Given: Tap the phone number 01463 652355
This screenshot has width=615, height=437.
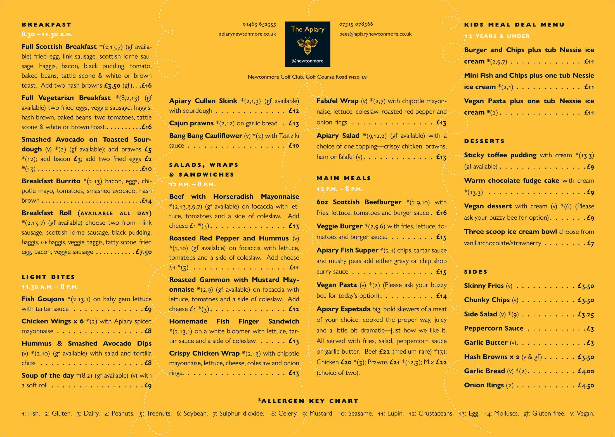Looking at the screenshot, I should pyautogui.click(x=259, y=24).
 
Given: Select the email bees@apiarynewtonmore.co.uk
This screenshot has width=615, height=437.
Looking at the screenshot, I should pyautogui.click(x=375, y=34).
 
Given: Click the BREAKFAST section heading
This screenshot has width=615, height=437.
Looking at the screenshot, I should pyautogui.click(x=46, y=25).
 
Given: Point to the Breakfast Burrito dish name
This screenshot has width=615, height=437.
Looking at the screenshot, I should pyautogui.click(x=51, y=181).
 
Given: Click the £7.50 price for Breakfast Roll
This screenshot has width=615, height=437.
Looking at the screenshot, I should pyautogui.click(x=144, y=252).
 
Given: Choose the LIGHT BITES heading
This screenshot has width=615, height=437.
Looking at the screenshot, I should pyautogui.click(x=48, y=277).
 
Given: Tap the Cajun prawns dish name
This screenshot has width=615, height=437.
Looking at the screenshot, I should pyautogui.click(x=191, y=123).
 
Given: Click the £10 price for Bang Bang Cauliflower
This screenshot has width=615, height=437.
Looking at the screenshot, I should pyautogui.click(x=294, y=146).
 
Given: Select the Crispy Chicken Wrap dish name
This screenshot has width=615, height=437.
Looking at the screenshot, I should pyautogui.click(x=204, y=354).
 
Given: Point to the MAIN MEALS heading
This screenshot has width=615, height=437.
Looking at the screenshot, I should pyautogui.click(x=344, y=178).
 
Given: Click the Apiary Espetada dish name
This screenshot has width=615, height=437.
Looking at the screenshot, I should pyautogui.click(x=343, y=309).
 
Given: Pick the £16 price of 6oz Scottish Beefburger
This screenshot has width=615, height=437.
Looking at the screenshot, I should pyautogui.click(x=441, y=213).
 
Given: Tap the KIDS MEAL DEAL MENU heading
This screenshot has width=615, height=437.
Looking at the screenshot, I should pyautogui.click(x=514, y=25).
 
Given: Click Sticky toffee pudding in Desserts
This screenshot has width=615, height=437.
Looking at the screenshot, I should pyautogui.click(x=500, y=155).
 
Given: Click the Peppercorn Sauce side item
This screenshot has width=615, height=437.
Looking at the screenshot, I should pyautogui.click(x=494, y=328).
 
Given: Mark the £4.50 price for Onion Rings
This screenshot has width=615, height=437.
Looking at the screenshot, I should pyautogui.click(x=586, y=386).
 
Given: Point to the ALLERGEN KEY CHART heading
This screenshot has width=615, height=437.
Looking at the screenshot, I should pyautogui.click(x=308, y=401).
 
